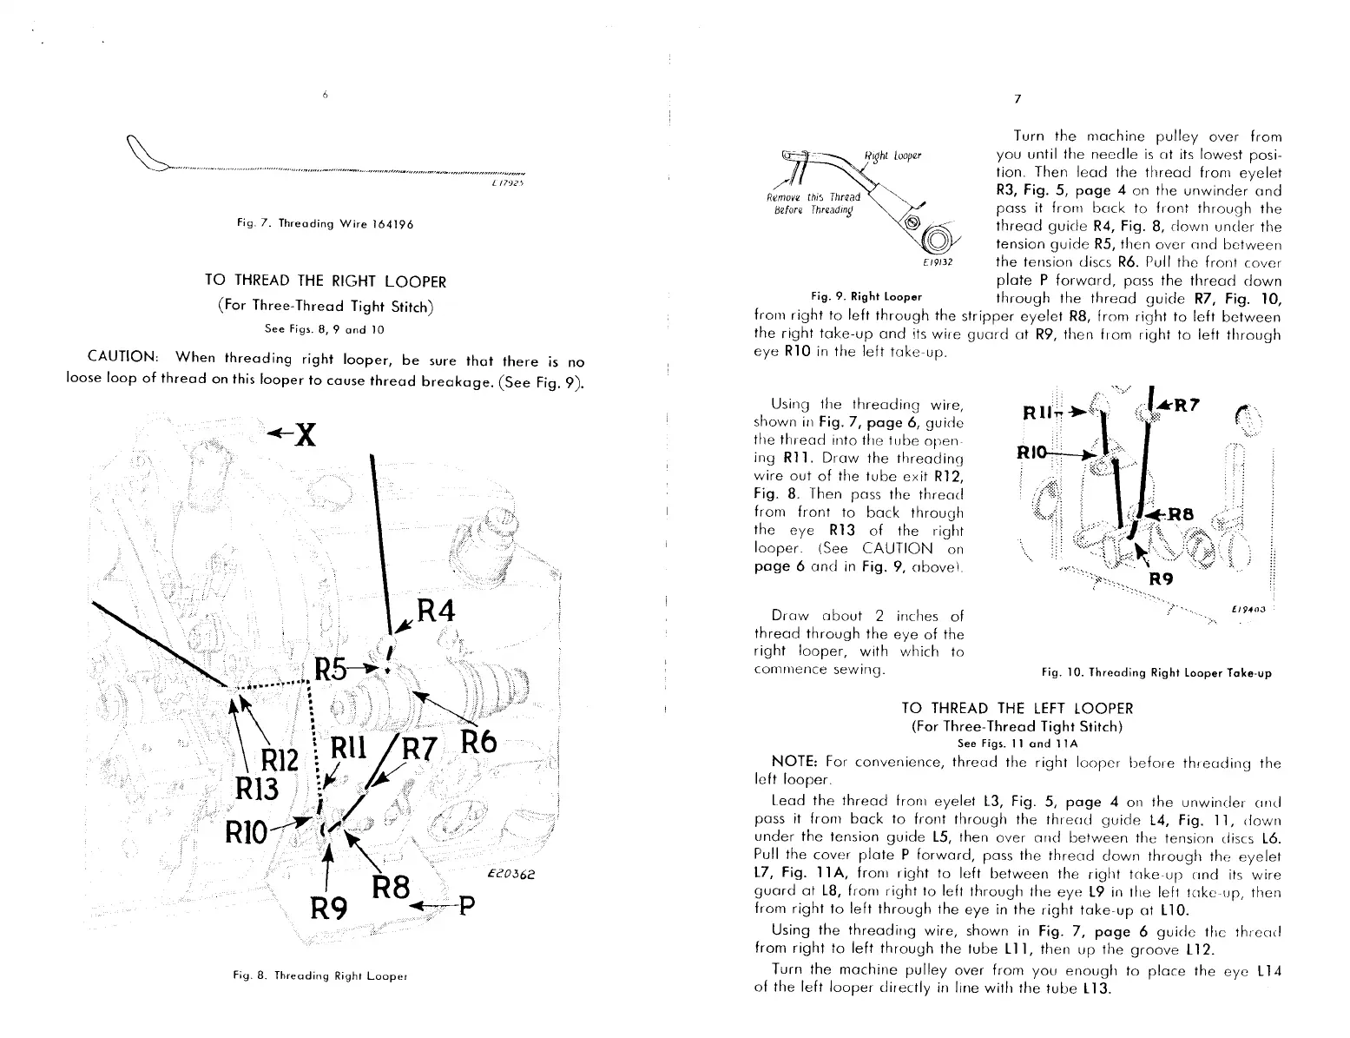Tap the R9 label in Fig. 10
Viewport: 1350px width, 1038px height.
click(x=1162, y=579)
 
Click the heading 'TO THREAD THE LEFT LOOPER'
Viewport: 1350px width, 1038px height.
click(x=1017, y=708)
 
